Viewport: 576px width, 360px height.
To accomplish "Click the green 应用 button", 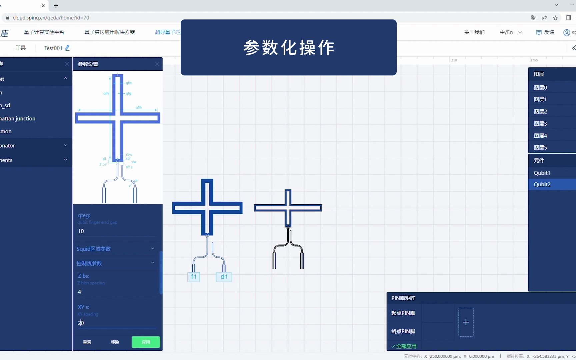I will (146, 342).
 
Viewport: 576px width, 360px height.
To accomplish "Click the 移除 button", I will (115, 342).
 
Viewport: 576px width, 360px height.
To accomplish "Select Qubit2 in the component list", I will (542, 184).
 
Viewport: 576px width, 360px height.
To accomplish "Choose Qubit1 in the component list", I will (542, 173).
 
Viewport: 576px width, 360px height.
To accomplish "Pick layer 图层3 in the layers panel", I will (540, 124).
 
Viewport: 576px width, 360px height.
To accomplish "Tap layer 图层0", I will (540, 88).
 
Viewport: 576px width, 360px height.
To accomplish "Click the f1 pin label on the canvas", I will (194, 277).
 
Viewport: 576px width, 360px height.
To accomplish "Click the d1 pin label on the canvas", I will (224, 277).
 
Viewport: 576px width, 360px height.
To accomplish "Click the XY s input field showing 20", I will (116, 323).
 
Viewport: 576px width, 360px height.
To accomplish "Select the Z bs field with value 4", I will (116, 292).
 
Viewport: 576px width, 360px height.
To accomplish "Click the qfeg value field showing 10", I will (116, 231).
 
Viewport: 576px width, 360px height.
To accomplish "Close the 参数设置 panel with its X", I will (157, 64).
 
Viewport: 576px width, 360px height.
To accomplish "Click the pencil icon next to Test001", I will (68, 48).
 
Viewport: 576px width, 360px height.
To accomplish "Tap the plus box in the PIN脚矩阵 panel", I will (466, 322).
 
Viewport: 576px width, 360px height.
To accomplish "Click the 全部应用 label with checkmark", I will (404, 346).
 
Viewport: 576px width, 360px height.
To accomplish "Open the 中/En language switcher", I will (510, 32).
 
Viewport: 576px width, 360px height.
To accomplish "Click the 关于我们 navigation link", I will (474, 32).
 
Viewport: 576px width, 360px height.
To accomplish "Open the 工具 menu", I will (21, 48).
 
